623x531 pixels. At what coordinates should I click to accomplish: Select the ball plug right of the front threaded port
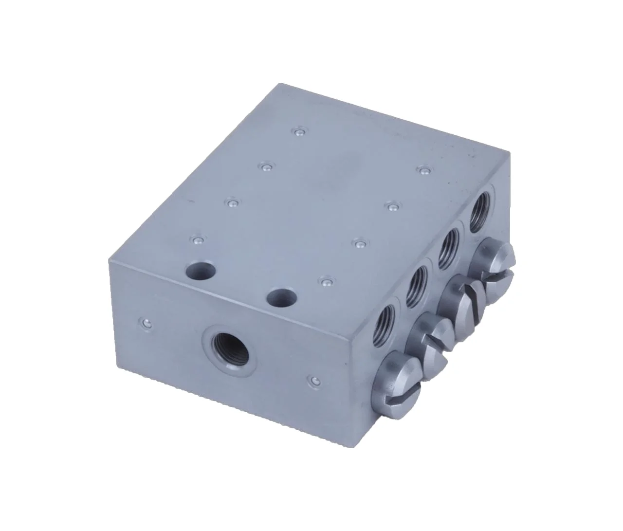coord(314,380)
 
